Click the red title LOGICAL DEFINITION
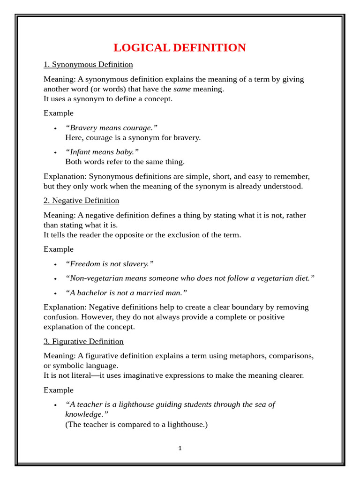(180, 48)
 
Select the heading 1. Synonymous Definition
(88, 65)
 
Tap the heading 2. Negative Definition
(81, 201)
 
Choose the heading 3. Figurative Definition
(83, 341)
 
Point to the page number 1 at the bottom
(180, 448)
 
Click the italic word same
(182, 89)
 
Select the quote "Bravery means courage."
(112, 128)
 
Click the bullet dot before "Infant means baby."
(55, 152)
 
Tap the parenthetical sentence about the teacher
(136, 425)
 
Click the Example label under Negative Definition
(59, 249)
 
